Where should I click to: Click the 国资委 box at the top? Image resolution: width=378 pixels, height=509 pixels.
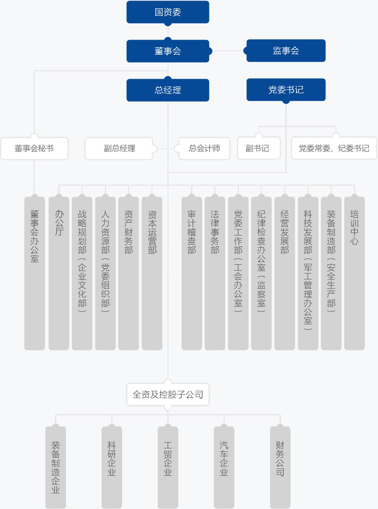(x=168, y=12)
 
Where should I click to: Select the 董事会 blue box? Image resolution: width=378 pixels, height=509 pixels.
(x=168, y=51)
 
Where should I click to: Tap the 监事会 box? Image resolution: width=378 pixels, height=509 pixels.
(x=286, y=51)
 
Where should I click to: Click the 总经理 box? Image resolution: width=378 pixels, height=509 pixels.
(x=168, y=90)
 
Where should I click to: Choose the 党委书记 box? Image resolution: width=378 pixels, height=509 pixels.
(x=286, y=90)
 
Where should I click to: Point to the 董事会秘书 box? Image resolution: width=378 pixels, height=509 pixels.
(x=34, y=148)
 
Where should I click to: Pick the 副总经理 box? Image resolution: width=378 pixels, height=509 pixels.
(x=119, y=148)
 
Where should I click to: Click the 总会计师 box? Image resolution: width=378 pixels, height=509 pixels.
(x=205, y=148)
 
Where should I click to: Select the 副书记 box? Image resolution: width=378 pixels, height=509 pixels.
(x=259, y=148)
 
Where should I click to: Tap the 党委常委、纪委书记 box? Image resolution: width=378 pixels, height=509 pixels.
(x=334, y=148)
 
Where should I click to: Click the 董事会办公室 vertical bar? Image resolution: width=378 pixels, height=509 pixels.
(x=35, y=273)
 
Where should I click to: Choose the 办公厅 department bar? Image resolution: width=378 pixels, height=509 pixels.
(x=59, y=273)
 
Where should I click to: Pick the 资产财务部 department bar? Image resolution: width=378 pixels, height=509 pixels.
(x=128, y=273)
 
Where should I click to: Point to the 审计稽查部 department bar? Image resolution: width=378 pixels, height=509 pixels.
(x=191, y=273)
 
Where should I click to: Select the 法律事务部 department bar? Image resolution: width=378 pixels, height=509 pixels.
(x=215, y=273)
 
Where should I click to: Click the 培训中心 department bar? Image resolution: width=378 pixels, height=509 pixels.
(x=355, y=273)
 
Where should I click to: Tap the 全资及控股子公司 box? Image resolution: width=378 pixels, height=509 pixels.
(x=168, y=395)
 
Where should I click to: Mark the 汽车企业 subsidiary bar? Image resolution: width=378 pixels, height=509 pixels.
(x=224, y=467)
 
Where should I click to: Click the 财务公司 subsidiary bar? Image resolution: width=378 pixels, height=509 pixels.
(x=280, y=467)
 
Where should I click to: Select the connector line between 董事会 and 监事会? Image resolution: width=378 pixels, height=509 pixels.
(x=228, y=51)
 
